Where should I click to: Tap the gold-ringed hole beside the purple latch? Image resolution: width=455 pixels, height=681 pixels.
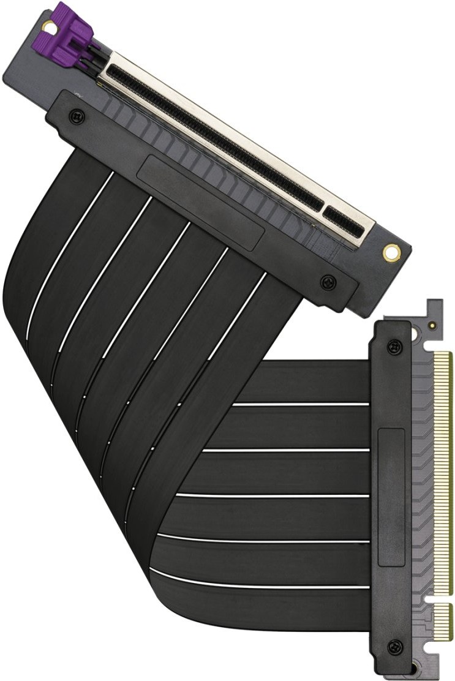pos(47,25)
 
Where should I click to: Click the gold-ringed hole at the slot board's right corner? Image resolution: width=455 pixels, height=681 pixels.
pos(389,251)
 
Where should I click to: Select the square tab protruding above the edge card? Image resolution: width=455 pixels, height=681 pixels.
pos(434,304)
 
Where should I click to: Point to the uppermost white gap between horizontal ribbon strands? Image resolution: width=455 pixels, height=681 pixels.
pos(300,404)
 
